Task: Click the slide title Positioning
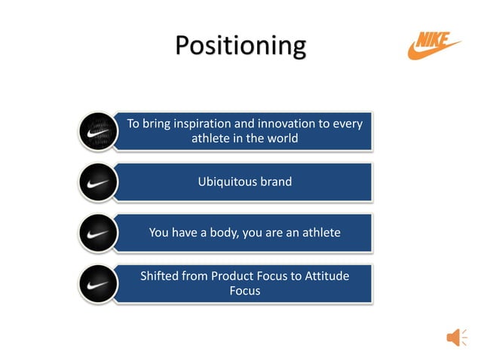240,46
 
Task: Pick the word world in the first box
281,139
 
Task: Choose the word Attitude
326,276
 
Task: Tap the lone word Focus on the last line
244,291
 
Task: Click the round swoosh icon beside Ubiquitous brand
97,182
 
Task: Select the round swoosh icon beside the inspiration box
97,131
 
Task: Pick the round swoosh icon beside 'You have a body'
97,233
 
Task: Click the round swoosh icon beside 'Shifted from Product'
97,284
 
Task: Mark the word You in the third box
159,233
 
